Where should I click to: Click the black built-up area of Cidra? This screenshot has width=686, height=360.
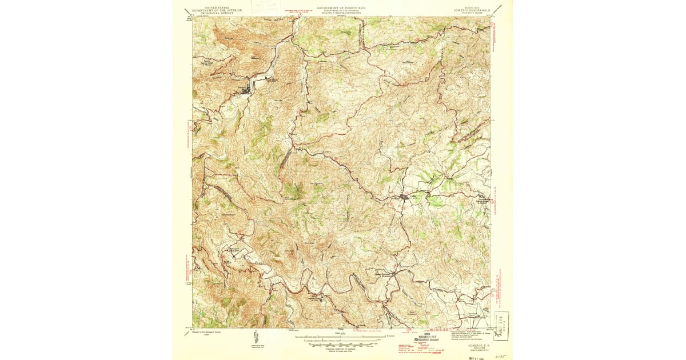405,198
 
